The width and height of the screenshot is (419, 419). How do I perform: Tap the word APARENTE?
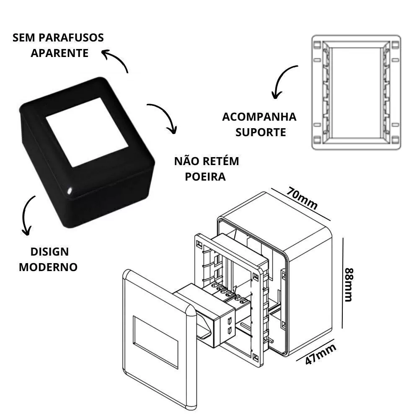point(59,53)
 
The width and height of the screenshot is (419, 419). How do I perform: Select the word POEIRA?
point(205,177)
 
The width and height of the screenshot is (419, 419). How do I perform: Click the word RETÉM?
point(220,161)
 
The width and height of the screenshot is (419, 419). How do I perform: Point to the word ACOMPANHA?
point(259,117)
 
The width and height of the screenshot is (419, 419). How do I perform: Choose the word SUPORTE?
point(261,132)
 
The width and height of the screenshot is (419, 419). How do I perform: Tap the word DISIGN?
point(49,252)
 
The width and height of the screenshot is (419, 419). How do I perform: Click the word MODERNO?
point(48,267)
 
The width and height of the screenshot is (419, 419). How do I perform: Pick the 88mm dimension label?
point(349,285)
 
